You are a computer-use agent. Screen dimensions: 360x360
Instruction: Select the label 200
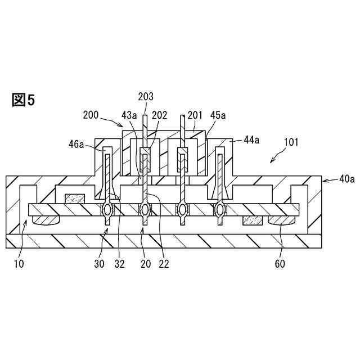(91, 115)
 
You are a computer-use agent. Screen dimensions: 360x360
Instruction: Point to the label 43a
(129, 115)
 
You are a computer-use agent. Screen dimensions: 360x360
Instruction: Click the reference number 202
(159, 115)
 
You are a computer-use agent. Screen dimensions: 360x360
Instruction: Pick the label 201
(195, 115)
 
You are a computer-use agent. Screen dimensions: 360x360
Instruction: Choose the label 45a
(218, 115)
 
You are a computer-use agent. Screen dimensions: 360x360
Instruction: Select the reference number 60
(279, 263)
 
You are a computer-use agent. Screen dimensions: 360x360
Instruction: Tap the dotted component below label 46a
(74, 199)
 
